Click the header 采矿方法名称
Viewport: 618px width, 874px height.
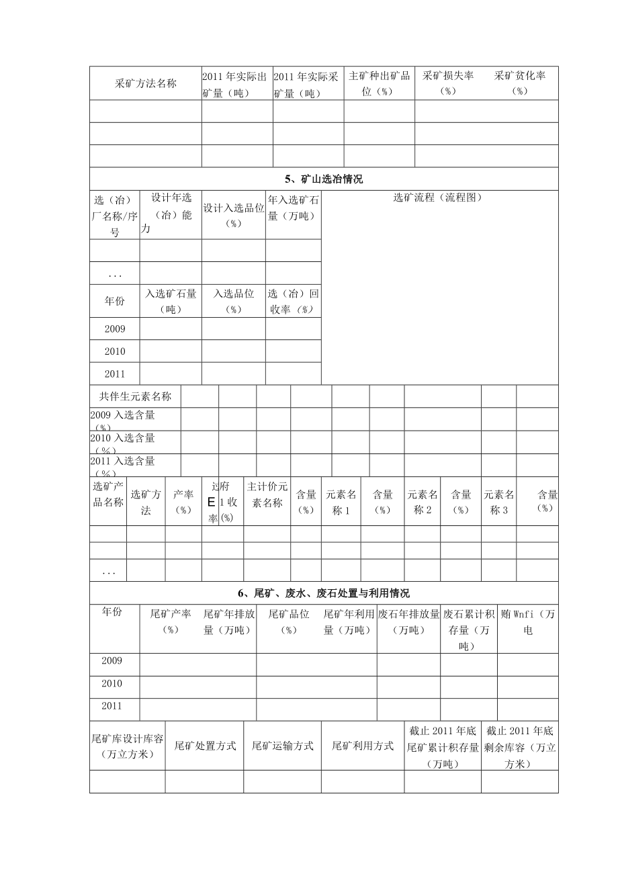click(146, 84)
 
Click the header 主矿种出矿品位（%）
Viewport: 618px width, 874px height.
click(379, 84)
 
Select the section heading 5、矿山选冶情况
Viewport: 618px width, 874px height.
click(324, 179)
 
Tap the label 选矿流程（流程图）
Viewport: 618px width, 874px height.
click(438, 198)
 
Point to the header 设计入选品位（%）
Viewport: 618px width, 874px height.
click(233, 216)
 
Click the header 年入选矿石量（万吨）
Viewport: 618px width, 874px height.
click(293, 208)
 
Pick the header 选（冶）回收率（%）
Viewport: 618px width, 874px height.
click(293, 302)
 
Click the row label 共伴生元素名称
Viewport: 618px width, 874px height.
click(136, 396)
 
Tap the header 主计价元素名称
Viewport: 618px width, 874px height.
click(267, 495)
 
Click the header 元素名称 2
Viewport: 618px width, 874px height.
click(423, 502)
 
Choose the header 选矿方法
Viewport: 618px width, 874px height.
click(146, 502)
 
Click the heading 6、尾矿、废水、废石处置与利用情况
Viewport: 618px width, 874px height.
click(324, 593)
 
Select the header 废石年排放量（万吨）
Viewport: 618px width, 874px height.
click(408, 621)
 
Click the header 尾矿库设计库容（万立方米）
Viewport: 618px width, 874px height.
click(128, 746)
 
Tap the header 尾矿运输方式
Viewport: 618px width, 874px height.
click(282, 746)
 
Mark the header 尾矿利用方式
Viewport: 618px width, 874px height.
click(363, 746)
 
